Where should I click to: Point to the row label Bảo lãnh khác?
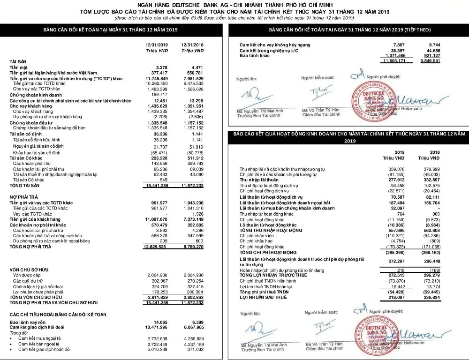point(254,55)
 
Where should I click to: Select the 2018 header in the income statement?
point(435,152)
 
